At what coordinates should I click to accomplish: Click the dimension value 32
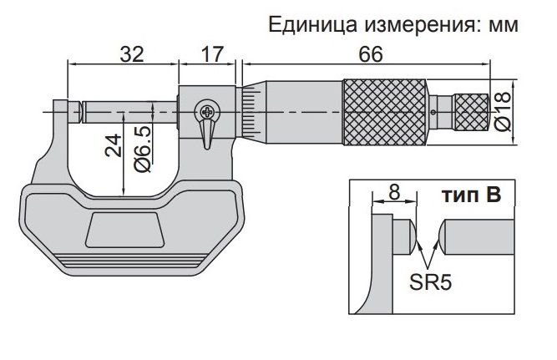tap(131, 54)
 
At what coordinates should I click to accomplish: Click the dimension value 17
tap(212, 54)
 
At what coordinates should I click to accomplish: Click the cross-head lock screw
tap(205, 110)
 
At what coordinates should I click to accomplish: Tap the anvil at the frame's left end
tap(60, 109)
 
